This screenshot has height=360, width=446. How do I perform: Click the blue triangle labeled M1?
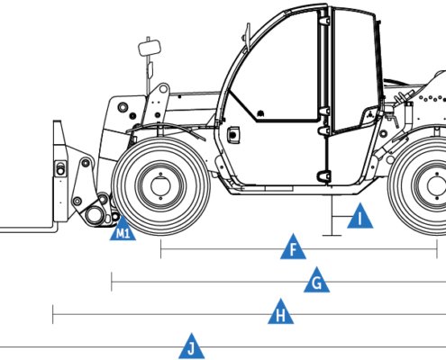tap(123, 231)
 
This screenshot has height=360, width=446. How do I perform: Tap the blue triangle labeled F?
tap(293, 248)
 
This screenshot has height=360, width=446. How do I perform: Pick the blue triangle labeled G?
tap(316, 282)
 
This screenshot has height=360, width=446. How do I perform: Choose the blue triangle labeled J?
tap(192, 348)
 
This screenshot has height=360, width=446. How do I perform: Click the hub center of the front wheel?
tap(160, 186)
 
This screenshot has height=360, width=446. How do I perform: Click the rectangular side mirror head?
tap(150, 49)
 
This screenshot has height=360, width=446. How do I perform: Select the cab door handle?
tap(233, 135)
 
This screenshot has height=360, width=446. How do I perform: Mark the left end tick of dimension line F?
tap(161, 249)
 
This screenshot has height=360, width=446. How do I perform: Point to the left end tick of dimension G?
tap(112, 282)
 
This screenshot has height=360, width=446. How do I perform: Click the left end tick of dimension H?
tap(53, 314)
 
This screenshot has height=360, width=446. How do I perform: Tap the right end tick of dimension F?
tap(437, 249)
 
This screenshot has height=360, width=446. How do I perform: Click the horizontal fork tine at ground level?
tap(27, 230)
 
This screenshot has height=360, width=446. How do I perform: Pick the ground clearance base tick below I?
tap(332, 236)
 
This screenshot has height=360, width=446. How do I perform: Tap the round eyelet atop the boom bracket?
tap(163, 88)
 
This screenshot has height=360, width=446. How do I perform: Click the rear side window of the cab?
tap(354, 69)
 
